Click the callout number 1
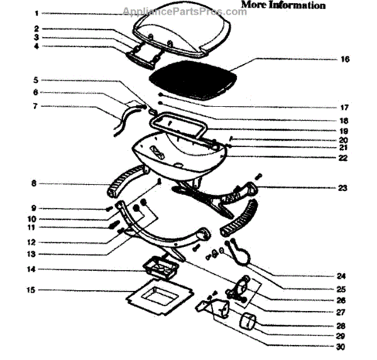tap(36, 13)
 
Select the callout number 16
tap(344, 60)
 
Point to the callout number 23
tap(342, 188)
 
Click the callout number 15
tap(37, 290)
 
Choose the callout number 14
tap(37, 270)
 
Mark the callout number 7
tap(36, 106)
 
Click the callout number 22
tap(342, 158)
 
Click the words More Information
tap(283, 6)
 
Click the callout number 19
tap(342, 130)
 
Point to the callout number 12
tap(36, 243)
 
